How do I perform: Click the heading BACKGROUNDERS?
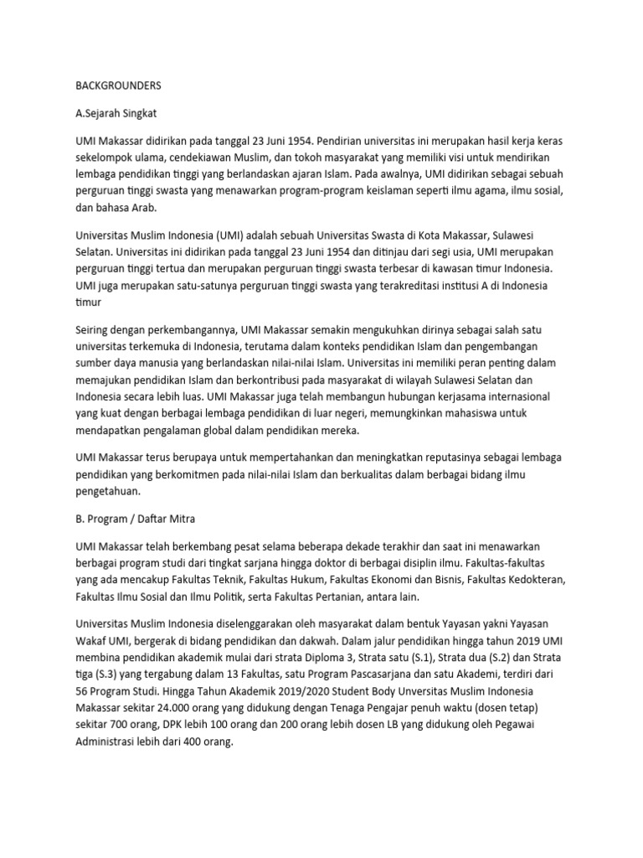point(119,85)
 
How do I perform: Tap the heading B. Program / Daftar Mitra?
point(135,520)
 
